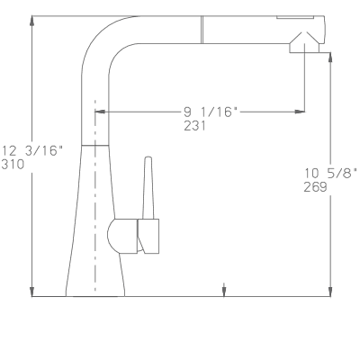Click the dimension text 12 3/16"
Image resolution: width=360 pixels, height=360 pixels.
32,150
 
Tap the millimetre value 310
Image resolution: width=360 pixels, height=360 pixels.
13,165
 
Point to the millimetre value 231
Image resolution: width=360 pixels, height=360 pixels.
195,126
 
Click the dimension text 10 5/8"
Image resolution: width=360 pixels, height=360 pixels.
331,173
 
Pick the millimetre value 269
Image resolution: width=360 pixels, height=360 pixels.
315,187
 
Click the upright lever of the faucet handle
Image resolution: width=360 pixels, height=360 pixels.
148,187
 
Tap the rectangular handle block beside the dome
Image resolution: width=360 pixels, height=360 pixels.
148,236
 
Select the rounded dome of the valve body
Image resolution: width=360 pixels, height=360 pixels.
122,236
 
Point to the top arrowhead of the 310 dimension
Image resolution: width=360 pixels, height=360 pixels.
32,21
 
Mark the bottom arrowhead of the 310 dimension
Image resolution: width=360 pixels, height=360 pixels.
32,292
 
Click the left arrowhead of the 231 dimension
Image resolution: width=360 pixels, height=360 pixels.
100,112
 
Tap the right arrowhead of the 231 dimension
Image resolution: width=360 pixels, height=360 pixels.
300,112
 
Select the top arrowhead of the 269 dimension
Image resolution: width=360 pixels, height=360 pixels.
330,58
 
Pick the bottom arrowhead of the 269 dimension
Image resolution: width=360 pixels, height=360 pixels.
330,292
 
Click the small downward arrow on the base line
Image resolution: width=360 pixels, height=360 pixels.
224,290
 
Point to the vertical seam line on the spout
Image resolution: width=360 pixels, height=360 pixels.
202,30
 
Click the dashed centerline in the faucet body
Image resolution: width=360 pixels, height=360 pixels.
95,195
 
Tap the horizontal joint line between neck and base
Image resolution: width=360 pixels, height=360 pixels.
95,146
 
